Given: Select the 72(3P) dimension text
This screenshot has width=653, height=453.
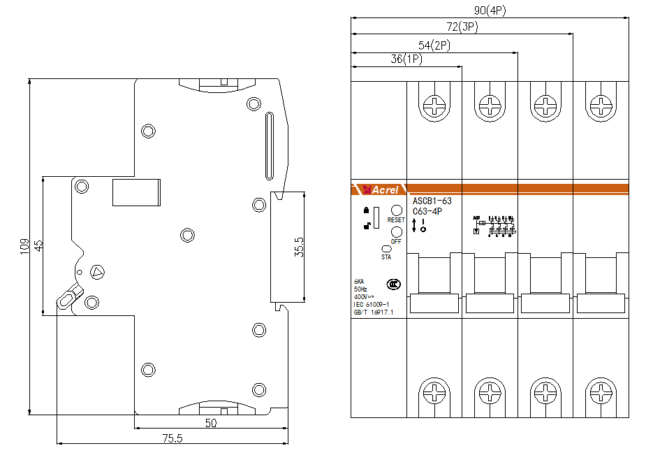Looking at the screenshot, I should point(462,27).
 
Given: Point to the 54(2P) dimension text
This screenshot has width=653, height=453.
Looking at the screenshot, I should point(434,45).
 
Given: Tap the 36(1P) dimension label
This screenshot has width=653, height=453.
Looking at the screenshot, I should point(406,60).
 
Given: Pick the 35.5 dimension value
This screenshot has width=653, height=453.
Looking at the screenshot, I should point(299,247).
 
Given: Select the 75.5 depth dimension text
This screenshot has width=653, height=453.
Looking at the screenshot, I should point(172,438).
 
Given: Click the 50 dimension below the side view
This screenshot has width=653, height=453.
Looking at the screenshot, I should point(210,423).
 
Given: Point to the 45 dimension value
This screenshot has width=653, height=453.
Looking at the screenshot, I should point(39,245).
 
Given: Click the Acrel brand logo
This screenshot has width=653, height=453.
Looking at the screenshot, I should point(379,189).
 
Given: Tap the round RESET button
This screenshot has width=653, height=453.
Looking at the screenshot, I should point(396,210).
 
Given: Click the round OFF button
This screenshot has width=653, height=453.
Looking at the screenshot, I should point(396,232).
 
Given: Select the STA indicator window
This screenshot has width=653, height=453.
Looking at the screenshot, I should point(386,248).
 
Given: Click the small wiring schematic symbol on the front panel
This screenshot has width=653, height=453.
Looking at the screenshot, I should point(494,224).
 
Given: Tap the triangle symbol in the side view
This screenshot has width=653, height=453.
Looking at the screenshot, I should point(97,271).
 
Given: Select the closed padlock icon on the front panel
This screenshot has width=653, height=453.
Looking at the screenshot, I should point(365,210).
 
